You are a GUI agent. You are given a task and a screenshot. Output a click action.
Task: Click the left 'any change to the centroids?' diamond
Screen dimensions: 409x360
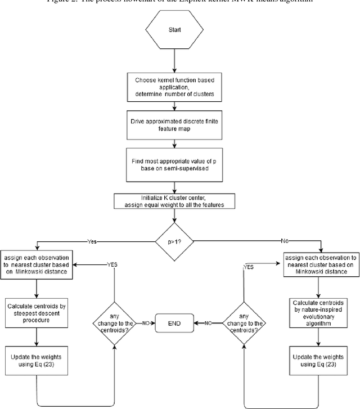pyautogui.click(x=114, y=323)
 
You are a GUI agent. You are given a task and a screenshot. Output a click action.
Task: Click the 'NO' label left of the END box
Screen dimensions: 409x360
pyautogui.click(x=145, y=323)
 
